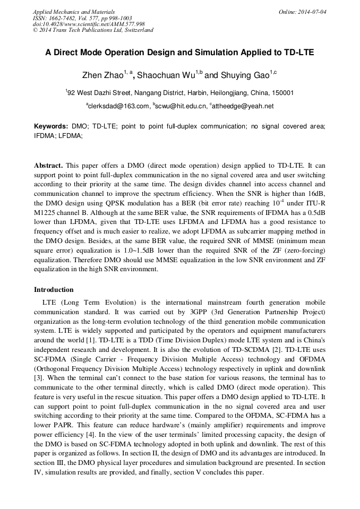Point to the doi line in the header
[89, 24]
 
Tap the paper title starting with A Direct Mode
[179, 53]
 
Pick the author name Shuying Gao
[244, 75]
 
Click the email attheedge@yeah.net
[243, 106]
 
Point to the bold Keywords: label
[51, 127]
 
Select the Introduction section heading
[54, 290]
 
